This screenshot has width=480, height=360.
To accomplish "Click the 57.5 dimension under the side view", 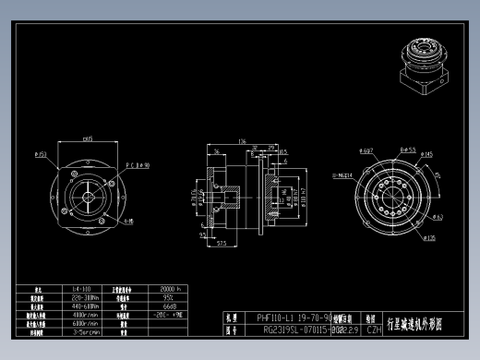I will coord(222,244).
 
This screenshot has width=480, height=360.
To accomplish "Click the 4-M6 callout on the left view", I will coord(128,222).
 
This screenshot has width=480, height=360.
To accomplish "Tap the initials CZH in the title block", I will coord(374,329).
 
